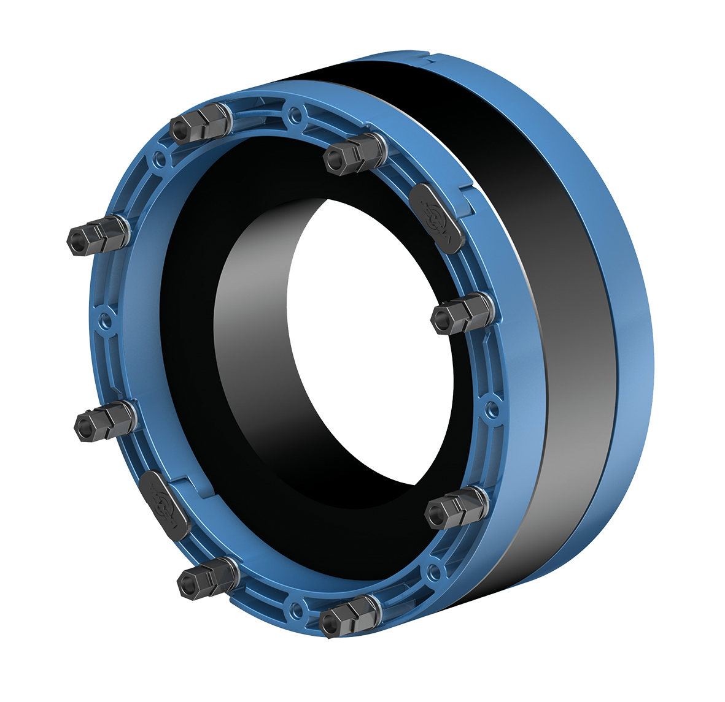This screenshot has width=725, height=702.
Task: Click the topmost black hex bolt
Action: (x=200, y=122)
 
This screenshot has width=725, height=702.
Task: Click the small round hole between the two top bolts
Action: (x=296, y=114)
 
